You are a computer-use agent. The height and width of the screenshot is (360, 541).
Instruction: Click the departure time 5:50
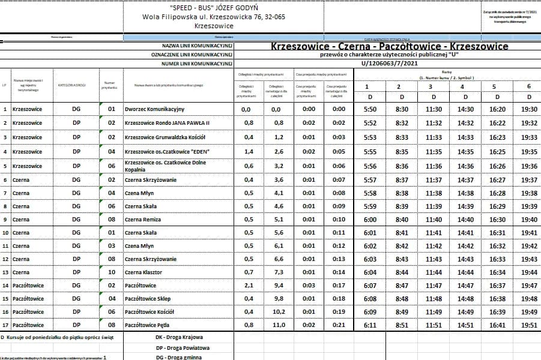coord(370,109)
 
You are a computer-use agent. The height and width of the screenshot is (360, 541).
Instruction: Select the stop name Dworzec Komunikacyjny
coord(154,109)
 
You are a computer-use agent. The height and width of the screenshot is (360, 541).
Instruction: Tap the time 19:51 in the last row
coord(529,325)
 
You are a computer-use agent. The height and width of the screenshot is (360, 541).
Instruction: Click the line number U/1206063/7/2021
coord(389,63)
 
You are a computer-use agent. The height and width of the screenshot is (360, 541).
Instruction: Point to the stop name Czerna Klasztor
coord(144,272)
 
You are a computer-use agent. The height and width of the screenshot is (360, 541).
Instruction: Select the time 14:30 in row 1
coord(465,109)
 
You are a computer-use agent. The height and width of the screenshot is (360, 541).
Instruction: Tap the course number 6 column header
coord(529,86)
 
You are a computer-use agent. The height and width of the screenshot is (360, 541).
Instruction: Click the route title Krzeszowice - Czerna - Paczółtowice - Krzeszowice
coord(389,46)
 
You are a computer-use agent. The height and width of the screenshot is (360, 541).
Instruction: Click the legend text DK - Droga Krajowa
coord(179,337)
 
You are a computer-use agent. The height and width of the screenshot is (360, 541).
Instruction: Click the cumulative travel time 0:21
coord(339,325)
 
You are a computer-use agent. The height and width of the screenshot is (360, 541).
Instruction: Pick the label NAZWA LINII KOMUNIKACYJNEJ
coord(197,46)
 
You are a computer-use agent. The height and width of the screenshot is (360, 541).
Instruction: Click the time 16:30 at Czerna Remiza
coord(497,220)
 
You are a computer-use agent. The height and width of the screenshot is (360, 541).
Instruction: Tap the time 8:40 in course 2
coord(402,220)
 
